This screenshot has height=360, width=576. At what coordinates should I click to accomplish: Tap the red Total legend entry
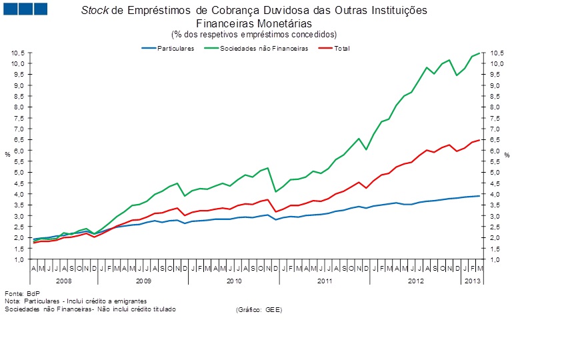[x=342, y=49]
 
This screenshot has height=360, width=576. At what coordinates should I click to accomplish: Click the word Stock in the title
[x=93, y=11]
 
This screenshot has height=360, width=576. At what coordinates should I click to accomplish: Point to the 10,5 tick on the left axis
[x=18, y=53]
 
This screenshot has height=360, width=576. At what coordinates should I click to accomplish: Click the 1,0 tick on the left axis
[x=19, y=259]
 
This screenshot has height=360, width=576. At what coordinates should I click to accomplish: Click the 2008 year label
[x=64, y=281]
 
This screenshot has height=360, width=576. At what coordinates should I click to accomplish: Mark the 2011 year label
[x=324, y=281]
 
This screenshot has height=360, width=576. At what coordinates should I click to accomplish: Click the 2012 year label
[x=415, y=281]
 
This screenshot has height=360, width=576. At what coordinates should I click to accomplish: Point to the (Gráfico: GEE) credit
[x=259, y=310]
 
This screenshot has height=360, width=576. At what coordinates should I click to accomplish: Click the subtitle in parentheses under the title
[x=254, y=34]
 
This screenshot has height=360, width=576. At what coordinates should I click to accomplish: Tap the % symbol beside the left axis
[x=7, y=155]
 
